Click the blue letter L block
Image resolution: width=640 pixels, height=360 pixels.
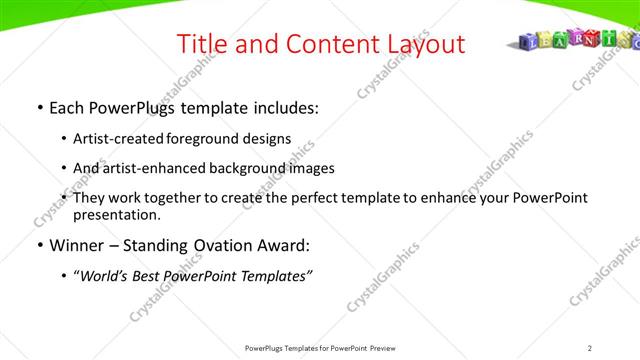coord(532,42)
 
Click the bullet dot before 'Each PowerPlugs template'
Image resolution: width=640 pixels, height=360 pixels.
coord(38,108)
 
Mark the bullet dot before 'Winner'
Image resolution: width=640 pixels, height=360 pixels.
coord(38,245)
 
